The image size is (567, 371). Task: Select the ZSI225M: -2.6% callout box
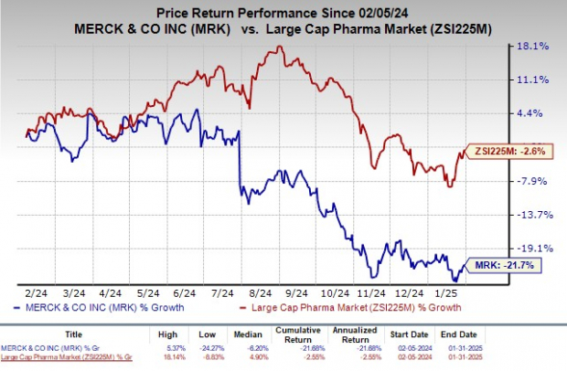pyautogui.click(x=507, y=151)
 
